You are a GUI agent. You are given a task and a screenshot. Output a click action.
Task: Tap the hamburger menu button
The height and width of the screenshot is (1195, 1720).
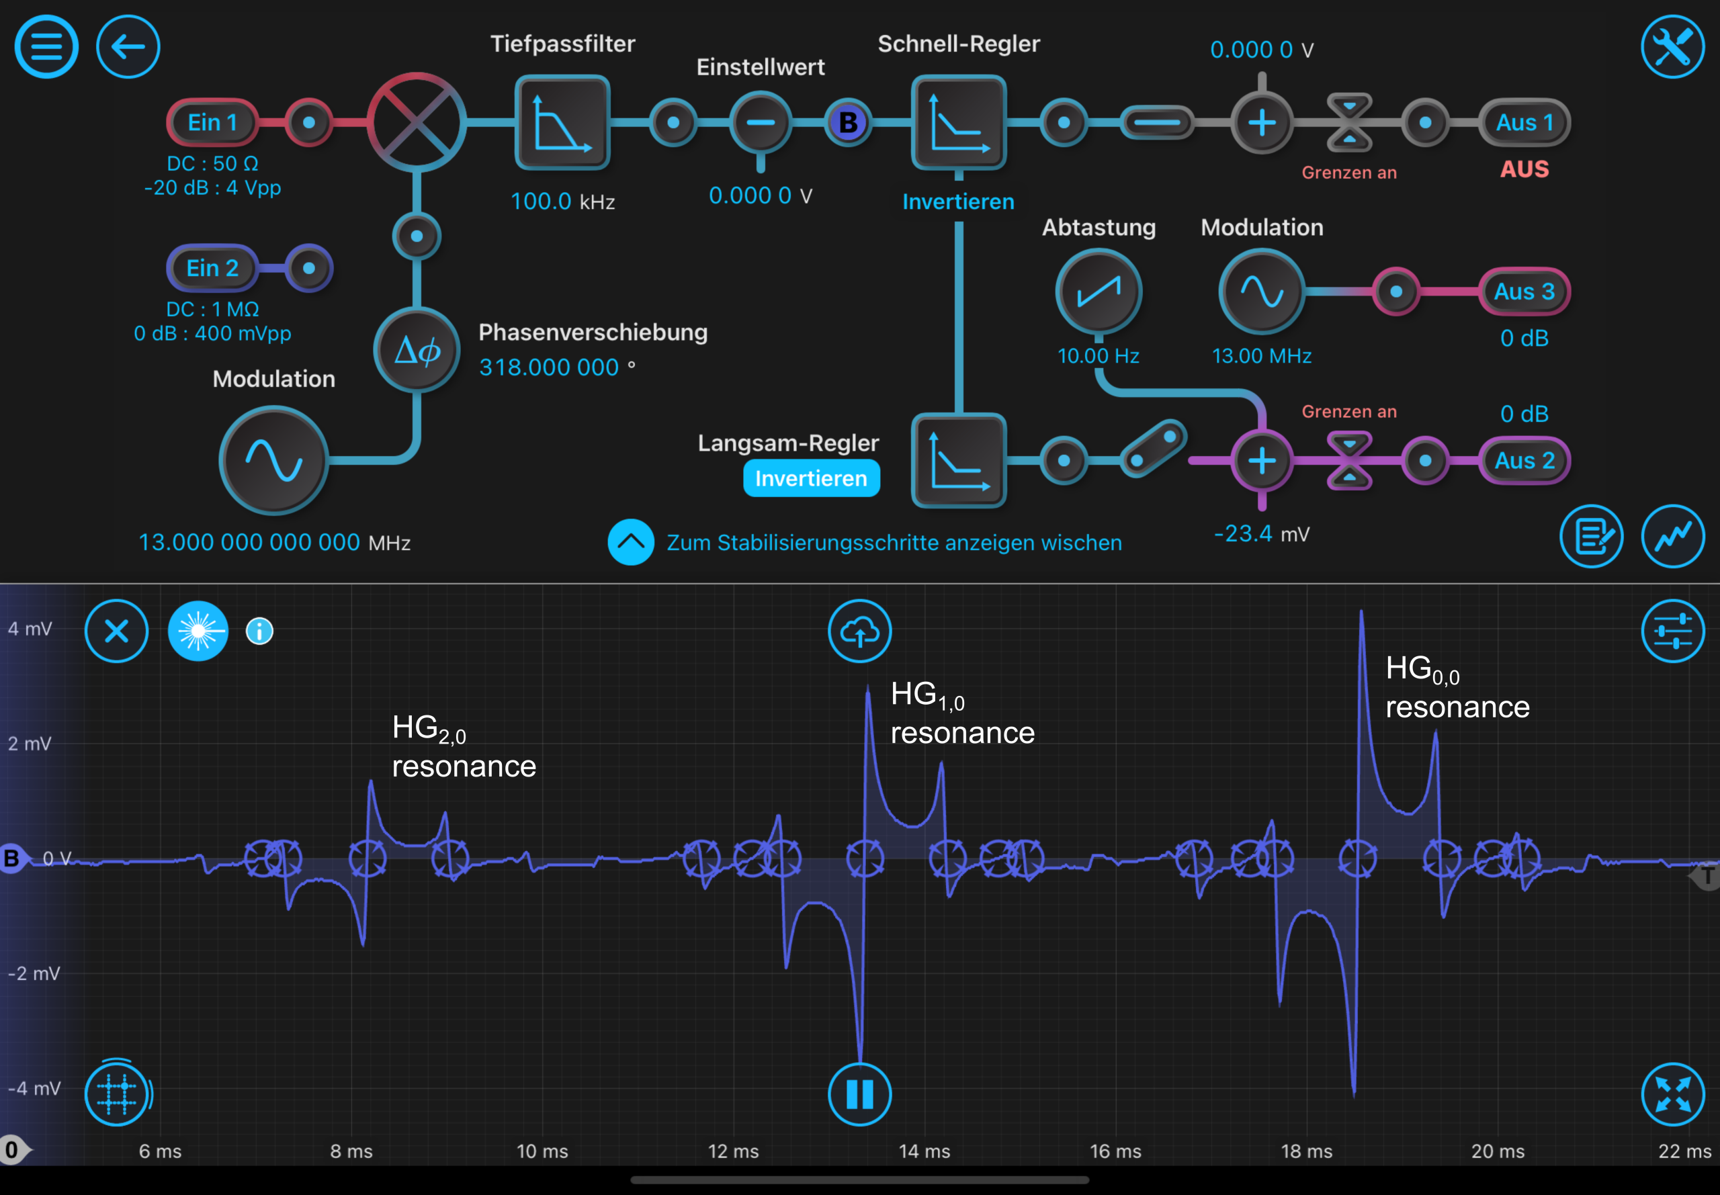pos(46,46)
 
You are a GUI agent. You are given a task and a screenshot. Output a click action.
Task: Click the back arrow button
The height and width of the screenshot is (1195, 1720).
pos(128,46)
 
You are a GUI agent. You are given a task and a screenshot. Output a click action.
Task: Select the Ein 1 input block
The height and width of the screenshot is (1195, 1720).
pos(213,122)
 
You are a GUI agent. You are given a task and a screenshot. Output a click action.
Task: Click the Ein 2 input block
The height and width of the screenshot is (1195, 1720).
pos(213,268)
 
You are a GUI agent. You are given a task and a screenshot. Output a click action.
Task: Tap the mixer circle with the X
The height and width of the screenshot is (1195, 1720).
pos(417,122)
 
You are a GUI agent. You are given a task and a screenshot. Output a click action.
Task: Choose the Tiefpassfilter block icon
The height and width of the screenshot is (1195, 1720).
pos(562,123)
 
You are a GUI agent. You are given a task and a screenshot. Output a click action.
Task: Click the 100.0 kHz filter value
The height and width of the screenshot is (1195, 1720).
pos(562,202)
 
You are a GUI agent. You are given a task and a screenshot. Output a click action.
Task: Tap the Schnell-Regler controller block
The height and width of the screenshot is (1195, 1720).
pos(959,123)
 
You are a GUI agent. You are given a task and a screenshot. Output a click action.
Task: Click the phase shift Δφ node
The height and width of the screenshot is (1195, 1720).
pos(417,350)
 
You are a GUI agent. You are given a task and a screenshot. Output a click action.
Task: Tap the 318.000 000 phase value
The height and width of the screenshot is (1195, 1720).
pos(549,367)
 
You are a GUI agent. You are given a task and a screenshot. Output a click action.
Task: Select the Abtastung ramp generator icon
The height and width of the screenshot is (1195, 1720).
pos(1099,292)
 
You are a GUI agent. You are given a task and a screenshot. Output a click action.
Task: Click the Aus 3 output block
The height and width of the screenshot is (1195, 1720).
pos(1524,292)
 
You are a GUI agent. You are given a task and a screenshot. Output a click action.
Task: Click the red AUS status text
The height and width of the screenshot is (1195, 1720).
pos(1524,169)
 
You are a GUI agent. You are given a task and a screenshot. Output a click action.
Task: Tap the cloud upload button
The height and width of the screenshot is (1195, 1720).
pos(859,631)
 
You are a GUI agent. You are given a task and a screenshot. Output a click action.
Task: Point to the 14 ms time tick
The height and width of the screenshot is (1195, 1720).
pos(924,1151)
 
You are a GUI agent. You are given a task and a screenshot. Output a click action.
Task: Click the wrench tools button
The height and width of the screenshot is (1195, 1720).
pos(1673,46)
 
